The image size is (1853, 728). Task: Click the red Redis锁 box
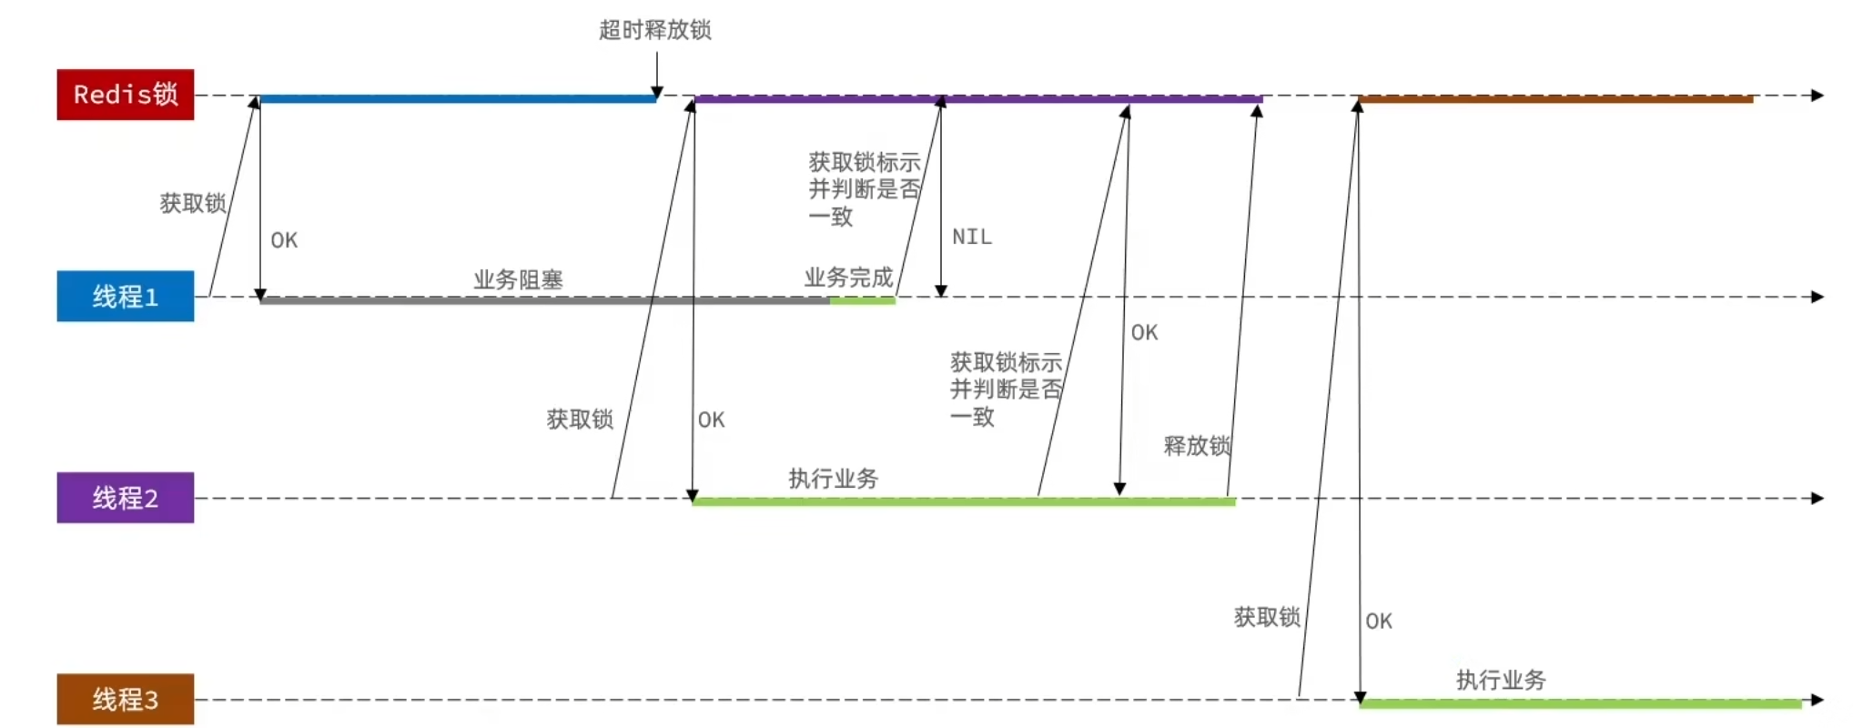(126, 95)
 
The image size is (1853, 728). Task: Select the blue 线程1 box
(126, 297)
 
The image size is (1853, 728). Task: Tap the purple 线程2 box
(126, 498)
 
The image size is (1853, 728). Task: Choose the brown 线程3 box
(126, 699)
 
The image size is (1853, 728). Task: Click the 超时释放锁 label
(654, 30)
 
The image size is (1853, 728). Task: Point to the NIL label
(972, 237)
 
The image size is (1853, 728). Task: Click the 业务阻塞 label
(518, 279)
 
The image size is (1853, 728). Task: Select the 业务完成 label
(848, 278)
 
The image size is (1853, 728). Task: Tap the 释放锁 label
(1197, 446)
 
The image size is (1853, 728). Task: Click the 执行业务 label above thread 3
(1501, 680)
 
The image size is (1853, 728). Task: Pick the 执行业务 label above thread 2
(833, 479)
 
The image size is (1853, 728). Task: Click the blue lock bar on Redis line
(457, 98)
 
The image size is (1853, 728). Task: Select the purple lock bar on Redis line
(978, 98)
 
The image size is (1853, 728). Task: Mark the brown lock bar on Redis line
(1555, 98)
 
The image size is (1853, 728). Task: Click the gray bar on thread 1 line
(544, 300)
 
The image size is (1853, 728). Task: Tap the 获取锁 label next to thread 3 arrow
(1267, 617)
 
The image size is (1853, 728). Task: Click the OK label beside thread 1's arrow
(284, 240)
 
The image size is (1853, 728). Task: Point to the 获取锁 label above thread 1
(193, 203)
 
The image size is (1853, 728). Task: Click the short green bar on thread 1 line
(863, 300)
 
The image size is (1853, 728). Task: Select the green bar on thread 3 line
(1580, 703)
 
